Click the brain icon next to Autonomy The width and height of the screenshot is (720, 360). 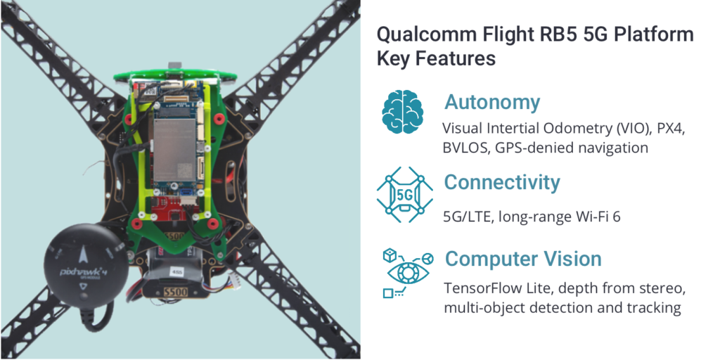tap(404, 111)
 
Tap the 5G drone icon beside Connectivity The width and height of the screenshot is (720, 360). tap(404, 191)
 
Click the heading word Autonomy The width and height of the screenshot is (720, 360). tap(491, 103)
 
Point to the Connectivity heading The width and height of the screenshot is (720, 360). tap(502, 183)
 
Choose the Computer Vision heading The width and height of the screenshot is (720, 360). tap(523, 259)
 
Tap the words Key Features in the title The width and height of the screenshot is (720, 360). tap(436, 58)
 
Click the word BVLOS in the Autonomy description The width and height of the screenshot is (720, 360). tap(465, 148)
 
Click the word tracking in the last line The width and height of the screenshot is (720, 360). tap(655, 308)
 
